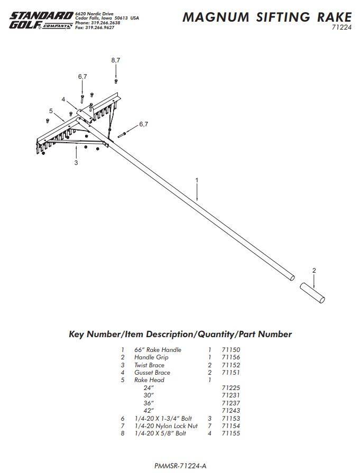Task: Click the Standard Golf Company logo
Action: [41, 21]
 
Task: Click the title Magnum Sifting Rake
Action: [266, 17]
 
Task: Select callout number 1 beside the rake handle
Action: [197, 180]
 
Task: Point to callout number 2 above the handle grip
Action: [314, 271]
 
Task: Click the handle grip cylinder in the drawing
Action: [312, 293]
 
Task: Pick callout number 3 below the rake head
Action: [76, 163]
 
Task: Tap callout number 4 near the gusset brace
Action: [63, 99]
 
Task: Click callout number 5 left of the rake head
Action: [51, 111]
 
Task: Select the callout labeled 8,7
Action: [116, 60]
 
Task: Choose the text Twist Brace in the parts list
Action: [149, 365]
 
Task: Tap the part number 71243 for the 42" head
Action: [231, 411]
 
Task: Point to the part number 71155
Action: [231, 433]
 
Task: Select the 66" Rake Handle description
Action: [158, 350]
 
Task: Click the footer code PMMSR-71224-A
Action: [180, 466]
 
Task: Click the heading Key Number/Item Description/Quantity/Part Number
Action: [180, 334]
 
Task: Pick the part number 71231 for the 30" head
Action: [231, 395]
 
